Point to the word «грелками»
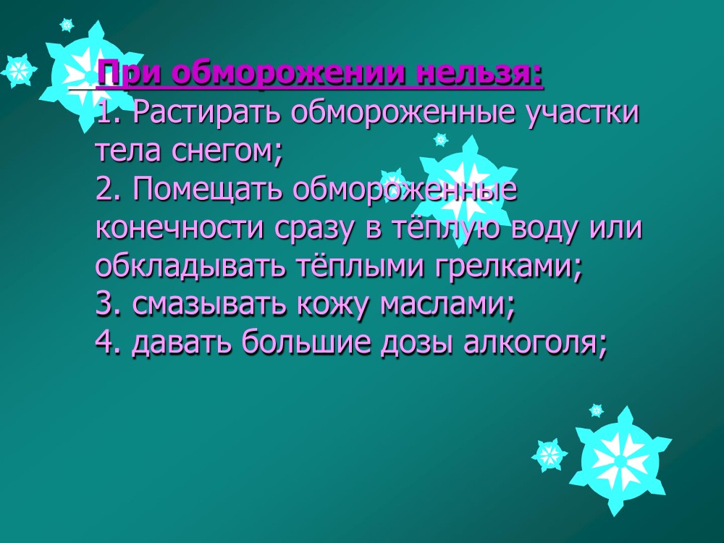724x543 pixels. click(508, 267)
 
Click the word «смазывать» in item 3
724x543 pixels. click(209, 304)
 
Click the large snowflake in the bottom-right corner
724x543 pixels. click(620, 461)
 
